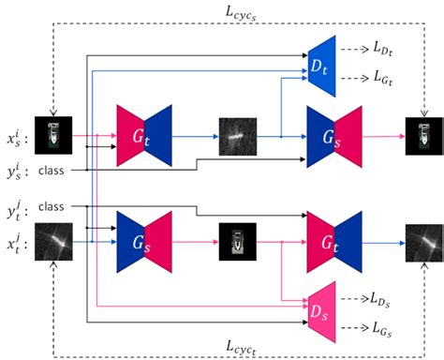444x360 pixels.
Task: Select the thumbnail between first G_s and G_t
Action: click(x=235, y=241)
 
